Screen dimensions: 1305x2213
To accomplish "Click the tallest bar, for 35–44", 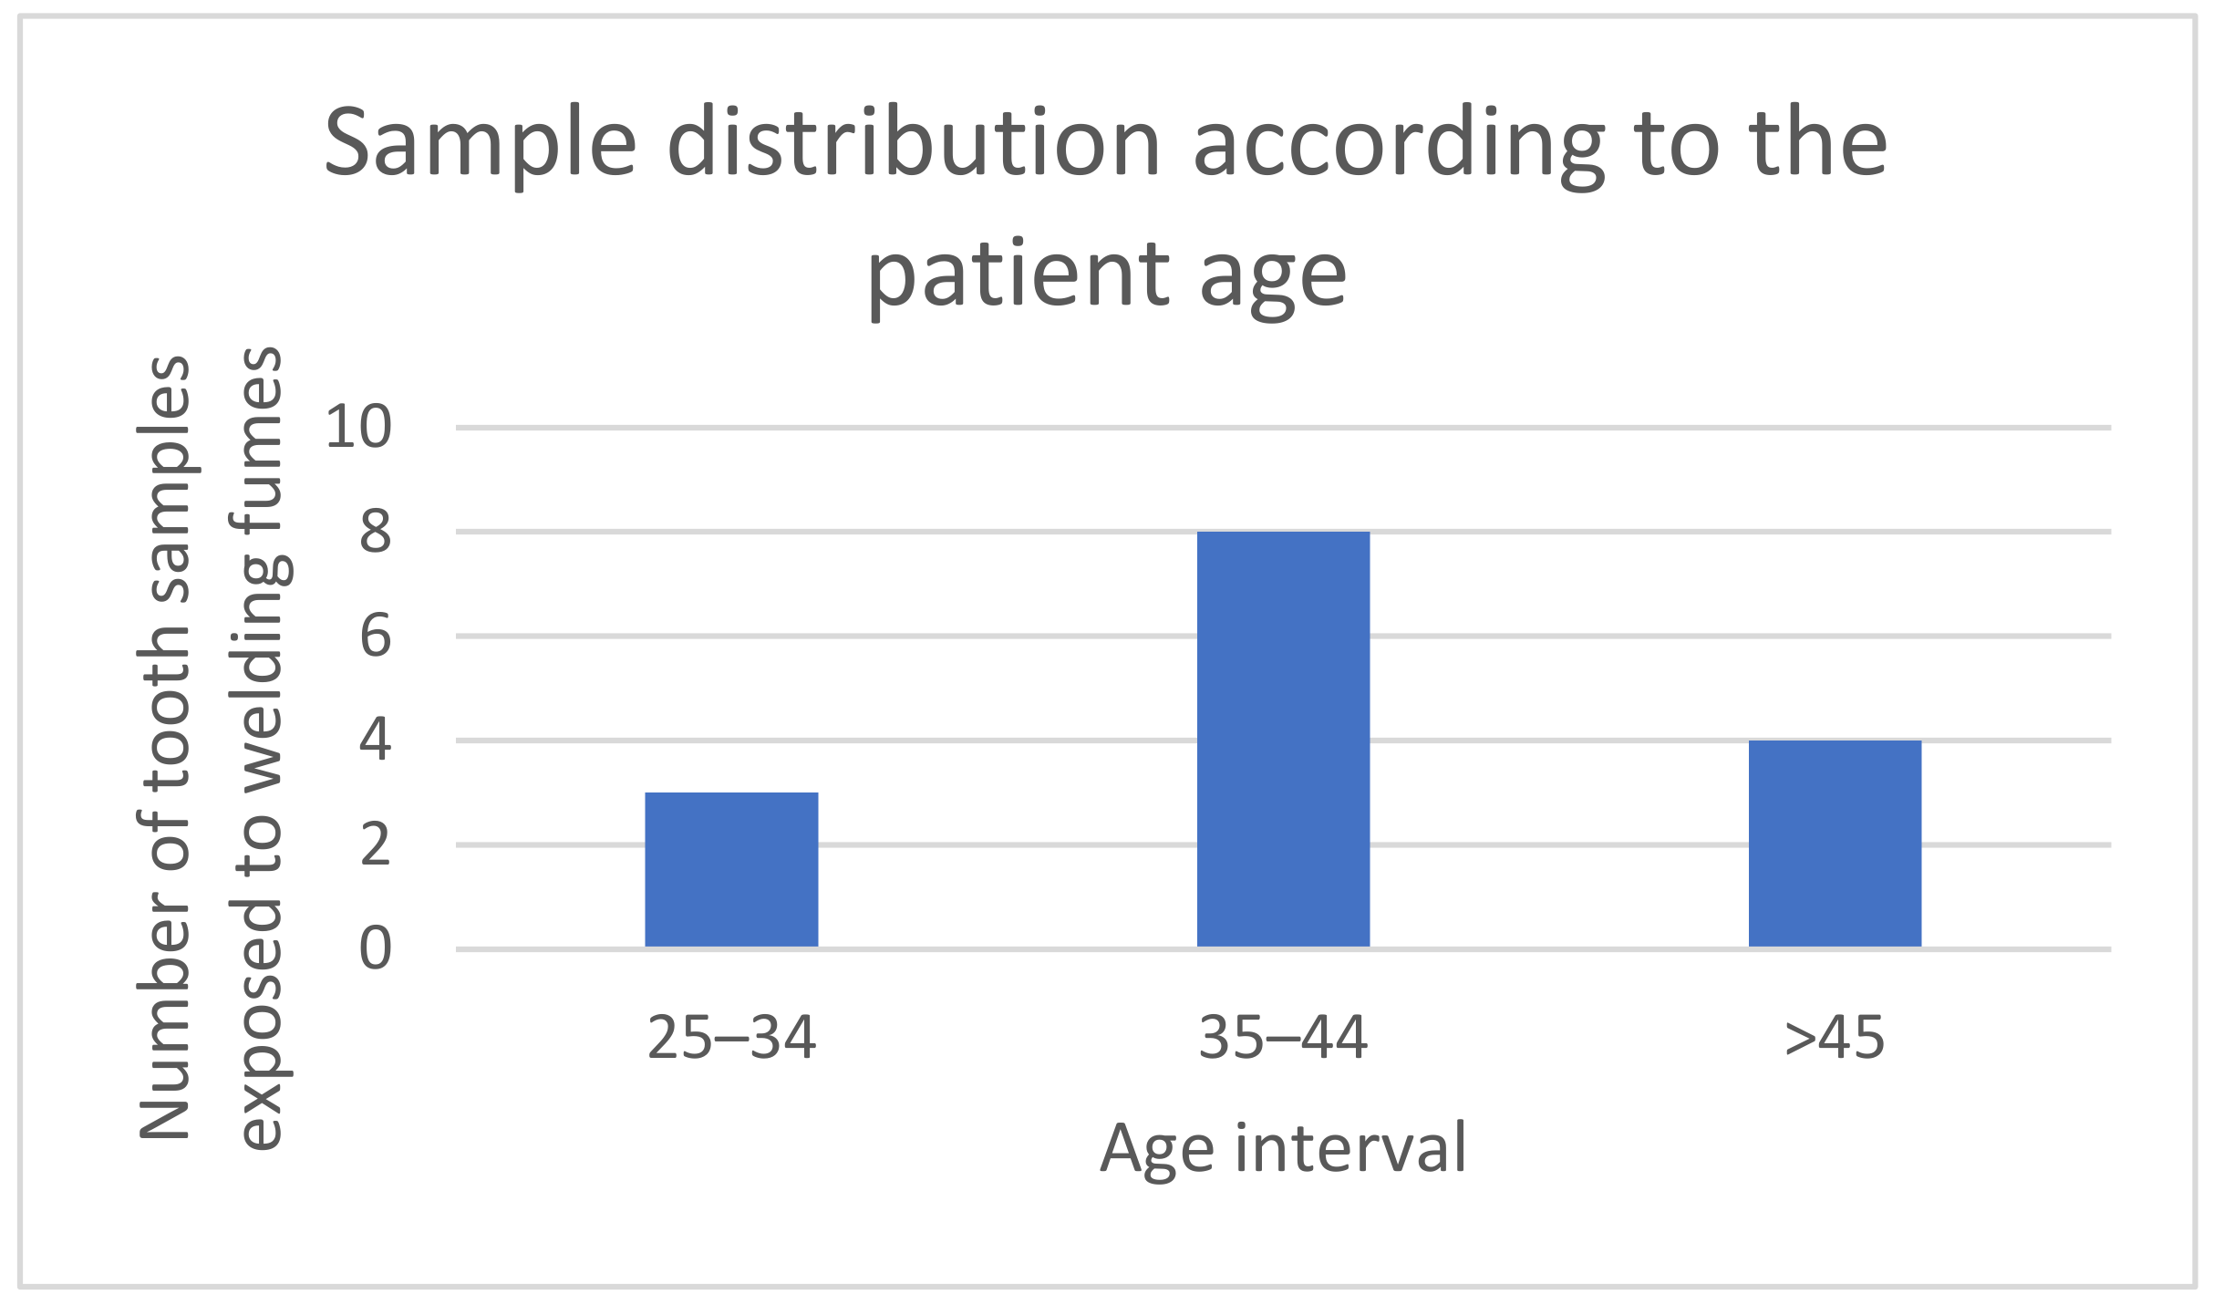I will click(x=1283, y=739).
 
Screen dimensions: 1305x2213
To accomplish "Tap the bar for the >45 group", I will click(x=1835, y=843).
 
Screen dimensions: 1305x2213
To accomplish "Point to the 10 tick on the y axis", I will click(x=358, y=427).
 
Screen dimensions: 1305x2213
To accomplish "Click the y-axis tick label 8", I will click(x=375, y=532).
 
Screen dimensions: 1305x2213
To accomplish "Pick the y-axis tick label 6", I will click(x=375, y=636).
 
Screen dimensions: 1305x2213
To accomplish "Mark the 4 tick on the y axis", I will click(x=375, y=740).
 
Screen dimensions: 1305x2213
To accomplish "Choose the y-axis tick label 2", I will click(x=375, y=844).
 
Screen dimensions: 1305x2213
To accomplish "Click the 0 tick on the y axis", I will click(x=375, y=948).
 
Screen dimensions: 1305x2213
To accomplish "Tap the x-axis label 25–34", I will click(x=731, y=1038).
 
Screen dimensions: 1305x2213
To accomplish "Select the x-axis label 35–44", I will click(x=1283, y=1038).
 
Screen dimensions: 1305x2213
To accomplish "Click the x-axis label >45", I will click(x=1835, y=1038).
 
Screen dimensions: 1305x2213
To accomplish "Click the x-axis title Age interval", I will click(x=1283, y=1147).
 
